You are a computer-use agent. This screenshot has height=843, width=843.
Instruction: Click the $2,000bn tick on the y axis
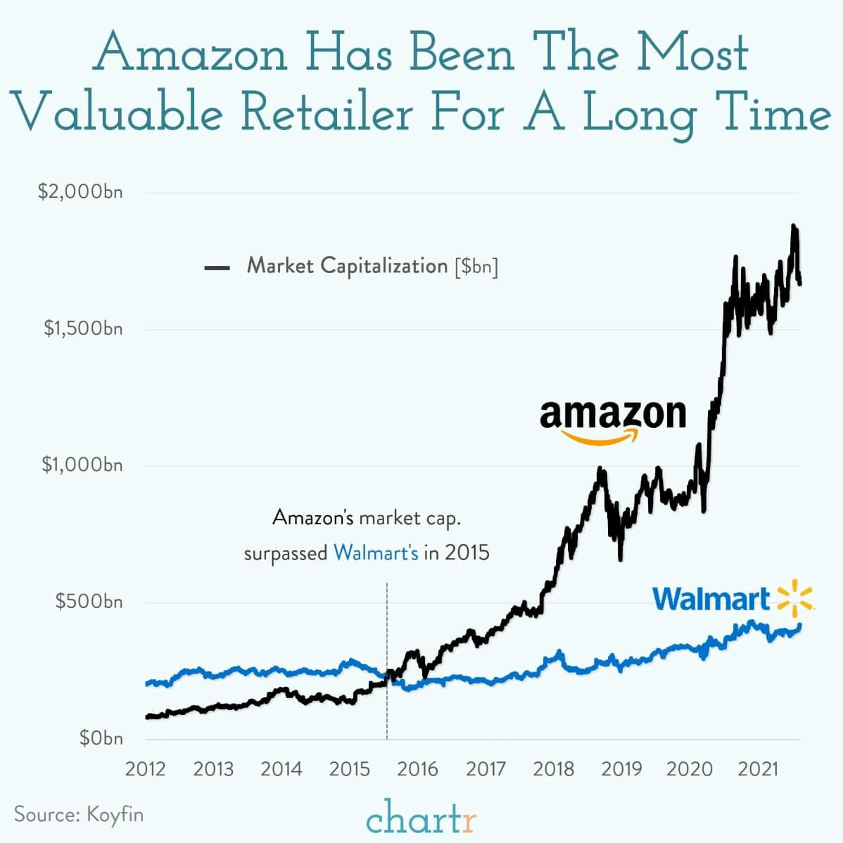(80, 192)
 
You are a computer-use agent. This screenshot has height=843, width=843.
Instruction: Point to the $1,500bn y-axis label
(83, 329)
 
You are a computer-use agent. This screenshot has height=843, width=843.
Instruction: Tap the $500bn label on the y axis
(89, 602)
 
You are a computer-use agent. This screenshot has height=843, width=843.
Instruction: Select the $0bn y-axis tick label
(101, 738)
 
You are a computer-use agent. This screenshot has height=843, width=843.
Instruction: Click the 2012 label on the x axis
(145, 768)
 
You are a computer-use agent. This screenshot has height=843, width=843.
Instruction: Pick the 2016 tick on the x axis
(417, 768)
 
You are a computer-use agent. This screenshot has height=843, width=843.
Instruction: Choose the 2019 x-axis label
(621, 768)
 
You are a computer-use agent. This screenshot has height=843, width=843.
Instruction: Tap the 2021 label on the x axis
(757, 768)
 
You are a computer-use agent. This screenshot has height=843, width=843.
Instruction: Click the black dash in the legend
(217, 267)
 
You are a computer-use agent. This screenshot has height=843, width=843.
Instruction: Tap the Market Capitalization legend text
(347, 266)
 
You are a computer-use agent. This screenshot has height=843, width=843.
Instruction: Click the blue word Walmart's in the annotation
(376, 552)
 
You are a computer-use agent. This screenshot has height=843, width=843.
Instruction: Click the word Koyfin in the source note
(115, 814)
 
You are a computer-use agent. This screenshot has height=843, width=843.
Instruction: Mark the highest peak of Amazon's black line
(794, 227)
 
